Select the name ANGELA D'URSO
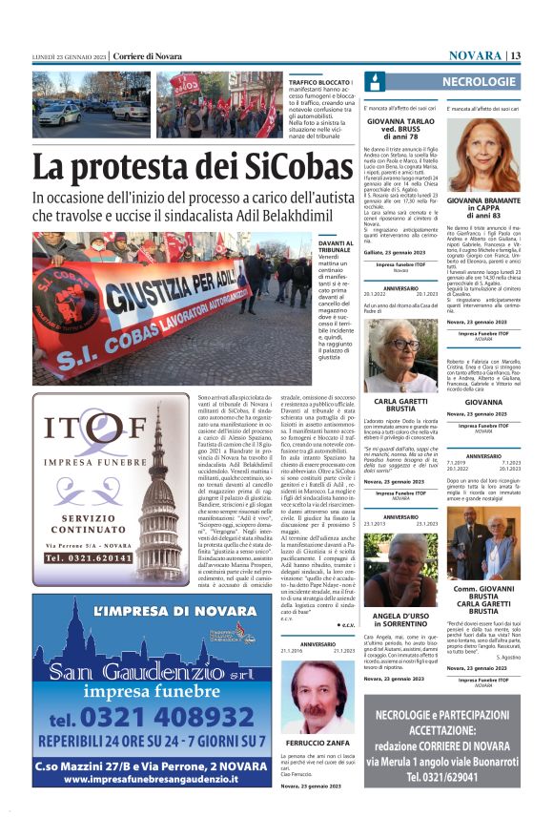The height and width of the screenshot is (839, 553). (400, 617)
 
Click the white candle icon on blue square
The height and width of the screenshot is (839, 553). (374, 83)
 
